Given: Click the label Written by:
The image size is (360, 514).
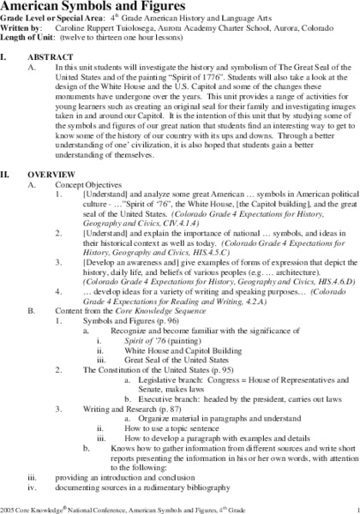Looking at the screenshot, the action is tap(23, 27).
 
